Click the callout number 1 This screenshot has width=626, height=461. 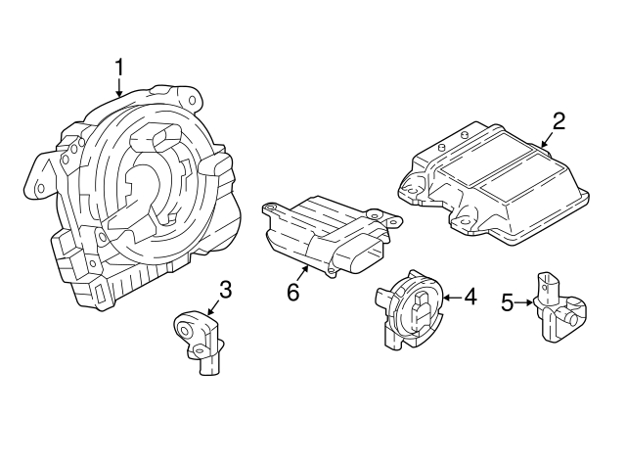tap(119, 67)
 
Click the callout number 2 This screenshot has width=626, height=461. tap(559, 121)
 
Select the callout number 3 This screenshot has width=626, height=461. tap(225, 289)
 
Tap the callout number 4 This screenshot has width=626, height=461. tap(469, 295)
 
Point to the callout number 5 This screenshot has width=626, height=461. tap(507, 302)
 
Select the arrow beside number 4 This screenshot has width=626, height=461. tap(452, 295)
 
